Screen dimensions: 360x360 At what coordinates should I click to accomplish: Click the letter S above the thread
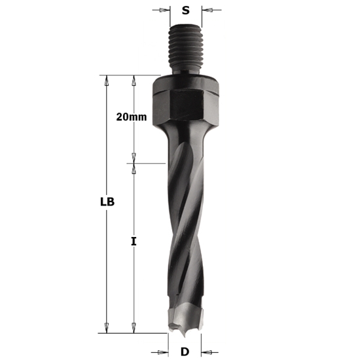(185, 10)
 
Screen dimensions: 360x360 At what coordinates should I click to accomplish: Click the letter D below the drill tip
(185, 352)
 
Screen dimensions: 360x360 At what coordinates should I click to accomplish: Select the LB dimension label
(107, 202)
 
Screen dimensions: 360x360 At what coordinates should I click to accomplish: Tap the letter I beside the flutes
(134, 242)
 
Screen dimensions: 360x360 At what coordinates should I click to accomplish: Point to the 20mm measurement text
(131, 117)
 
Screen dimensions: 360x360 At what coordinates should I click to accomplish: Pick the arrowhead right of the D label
(206, 352)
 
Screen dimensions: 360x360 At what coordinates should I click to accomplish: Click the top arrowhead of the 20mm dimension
(134, 80)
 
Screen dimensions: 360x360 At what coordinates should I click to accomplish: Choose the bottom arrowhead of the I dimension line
(134, 329)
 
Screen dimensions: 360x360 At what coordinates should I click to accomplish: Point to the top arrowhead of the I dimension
(134, 168)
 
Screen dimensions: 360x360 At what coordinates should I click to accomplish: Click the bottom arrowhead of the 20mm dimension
(134, 158)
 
